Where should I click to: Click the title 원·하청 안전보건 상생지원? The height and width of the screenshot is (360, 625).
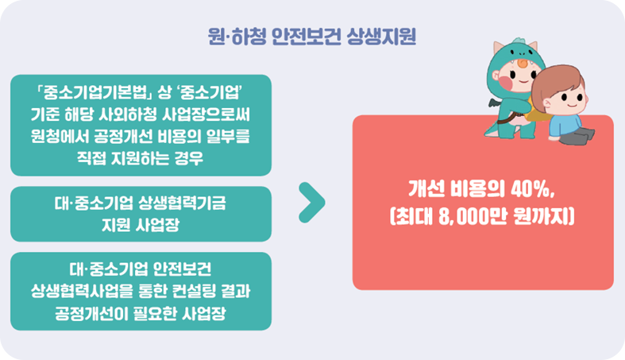click(x=311, y=37)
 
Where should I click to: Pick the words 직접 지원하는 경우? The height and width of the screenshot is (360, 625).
click(x=141, y=158)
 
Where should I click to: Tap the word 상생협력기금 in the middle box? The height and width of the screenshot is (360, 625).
click(x=182, y=203)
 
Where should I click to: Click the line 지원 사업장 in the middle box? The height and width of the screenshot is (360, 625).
click(x=141, y=225)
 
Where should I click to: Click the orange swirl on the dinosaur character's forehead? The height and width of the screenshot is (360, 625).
click(x=523, y=63)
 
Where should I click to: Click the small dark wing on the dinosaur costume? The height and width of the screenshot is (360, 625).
click(x=496, y=103)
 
